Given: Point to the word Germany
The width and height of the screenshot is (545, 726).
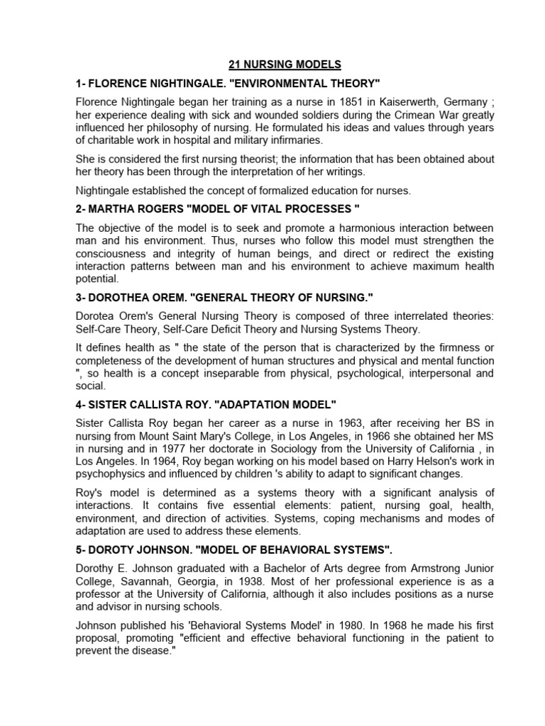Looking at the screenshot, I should [x=432, y=101].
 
